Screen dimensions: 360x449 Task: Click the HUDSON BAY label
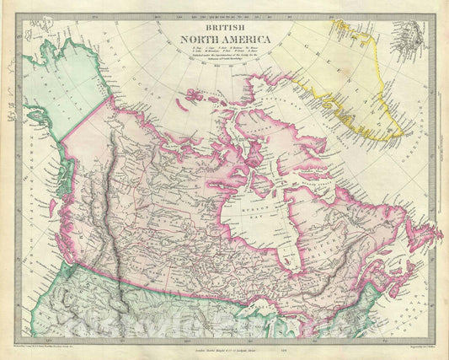[x=253, y=191]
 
